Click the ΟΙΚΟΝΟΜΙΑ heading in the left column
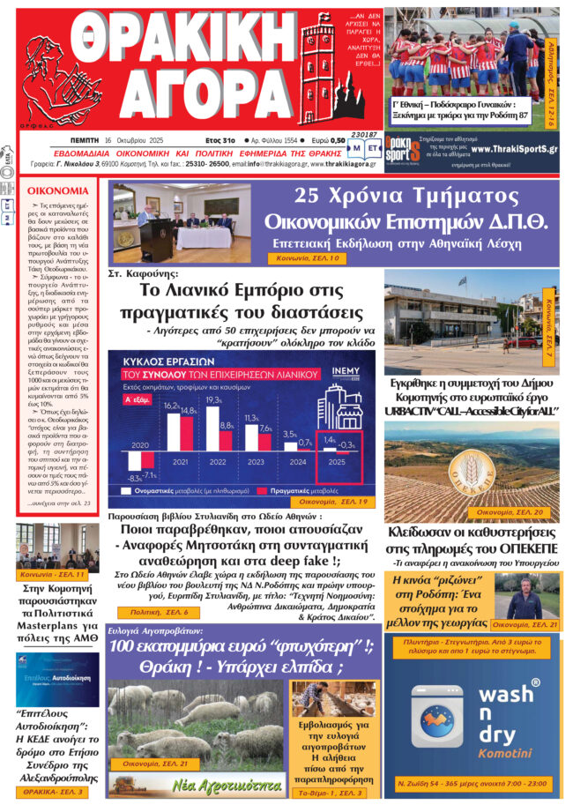(56, 190)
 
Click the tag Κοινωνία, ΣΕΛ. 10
(303, 258)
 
